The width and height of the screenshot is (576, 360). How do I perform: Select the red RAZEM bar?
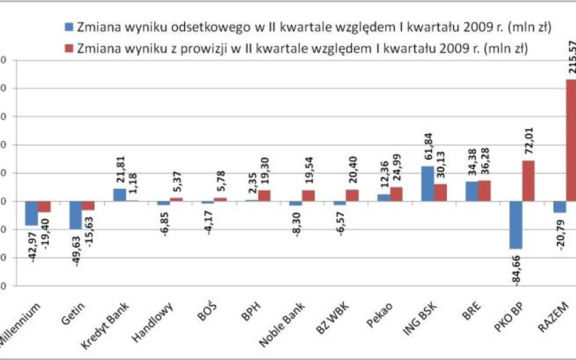point(570,140)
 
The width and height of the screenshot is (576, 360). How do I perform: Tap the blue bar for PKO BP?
point(516,225)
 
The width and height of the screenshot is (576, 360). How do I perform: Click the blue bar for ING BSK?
point(428,183)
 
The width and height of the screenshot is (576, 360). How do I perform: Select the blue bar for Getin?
point(75,215)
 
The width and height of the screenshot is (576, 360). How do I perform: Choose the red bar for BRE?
point(484,191)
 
